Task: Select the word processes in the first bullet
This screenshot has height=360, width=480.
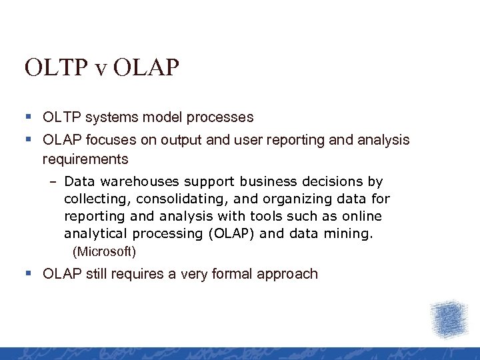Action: [223, 117]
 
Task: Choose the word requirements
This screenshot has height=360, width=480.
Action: [85, 159]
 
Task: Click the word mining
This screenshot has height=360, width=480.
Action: [352, 233]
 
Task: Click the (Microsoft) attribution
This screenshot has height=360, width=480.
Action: [104, 252]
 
